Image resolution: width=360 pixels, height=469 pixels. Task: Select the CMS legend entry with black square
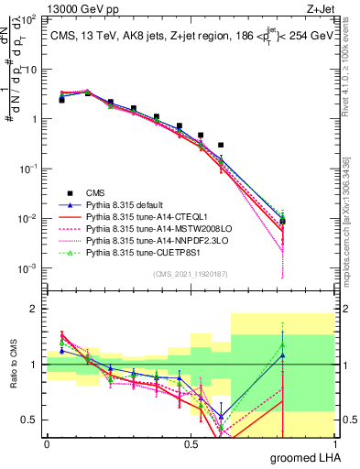96,192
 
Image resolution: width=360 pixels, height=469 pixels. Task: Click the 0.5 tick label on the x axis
191,443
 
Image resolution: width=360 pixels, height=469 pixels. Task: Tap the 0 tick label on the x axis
47,443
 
